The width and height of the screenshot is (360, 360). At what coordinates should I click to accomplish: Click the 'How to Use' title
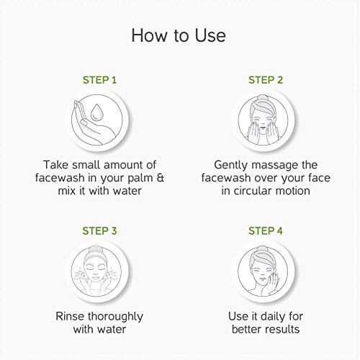click(x=179, y=35)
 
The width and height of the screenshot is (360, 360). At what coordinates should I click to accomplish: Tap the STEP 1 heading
click(x=99, y=80)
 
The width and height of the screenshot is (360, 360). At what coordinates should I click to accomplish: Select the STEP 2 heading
click(x=266, y=80)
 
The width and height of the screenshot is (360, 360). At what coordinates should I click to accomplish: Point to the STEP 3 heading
click(x=99, y=231)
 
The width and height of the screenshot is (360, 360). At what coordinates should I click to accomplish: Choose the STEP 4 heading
click(x=266, y=231)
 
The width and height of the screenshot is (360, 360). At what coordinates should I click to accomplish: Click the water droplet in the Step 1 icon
click(x=96, y=112)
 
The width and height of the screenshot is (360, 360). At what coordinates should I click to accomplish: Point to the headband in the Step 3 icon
click(x=96, y=255)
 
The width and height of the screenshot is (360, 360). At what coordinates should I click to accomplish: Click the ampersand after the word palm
click(x=161, y=178)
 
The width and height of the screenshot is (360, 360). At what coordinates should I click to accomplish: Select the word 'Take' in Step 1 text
click(x=55, y=165)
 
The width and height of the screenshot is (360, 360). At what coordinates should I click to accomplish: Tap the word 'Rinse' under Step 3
click(x=70, y=316)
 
